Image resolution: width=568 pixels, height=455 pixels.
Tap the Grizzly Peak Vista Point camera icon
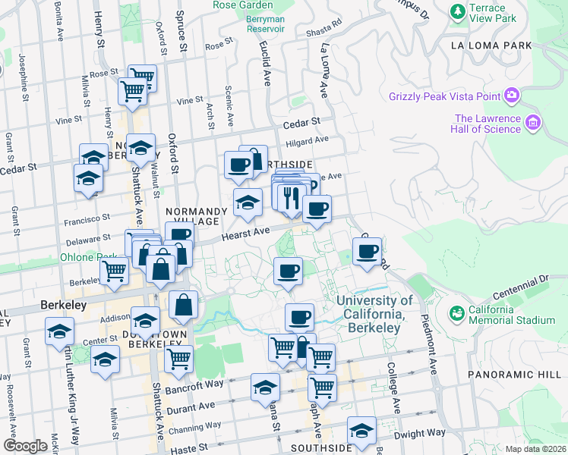(511, 96)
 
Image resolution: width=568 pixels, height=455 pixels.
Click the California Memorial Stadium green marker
(456, 312)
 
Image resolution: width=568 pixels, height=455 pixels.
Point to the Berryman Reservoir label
(264, 28)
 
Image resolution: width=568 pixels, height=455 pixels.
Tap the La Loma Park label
(491, 45)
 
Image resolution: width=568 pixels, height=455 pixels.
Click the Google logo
(25, 445)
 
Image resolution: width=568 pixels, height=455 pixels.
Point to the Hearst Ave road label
(246, 235)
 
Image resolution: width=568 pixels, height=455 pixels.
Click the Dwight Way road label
(424, 432)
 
